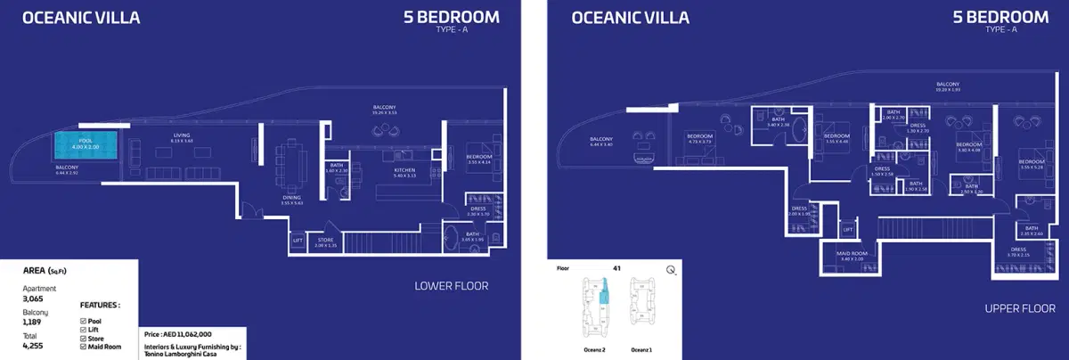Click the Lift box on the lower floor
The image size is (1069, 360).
point(298,240)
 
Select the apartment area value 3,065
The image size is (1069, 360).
point(33,300)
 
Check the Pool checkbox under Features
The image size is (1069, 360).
point(84,319)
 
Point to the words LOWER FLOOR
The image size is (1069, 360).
point(452,287)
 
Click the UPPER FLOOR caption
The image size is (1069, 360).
point(1020,307)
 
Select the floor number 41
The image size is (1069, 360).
point(616,267)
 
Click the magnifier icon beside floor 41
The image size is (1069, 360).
point(669,269)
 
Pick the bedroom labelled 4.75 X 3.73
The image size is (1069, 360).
point(698,139)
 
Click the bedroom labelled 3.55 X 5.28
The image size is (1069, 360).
point(1032,163)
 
